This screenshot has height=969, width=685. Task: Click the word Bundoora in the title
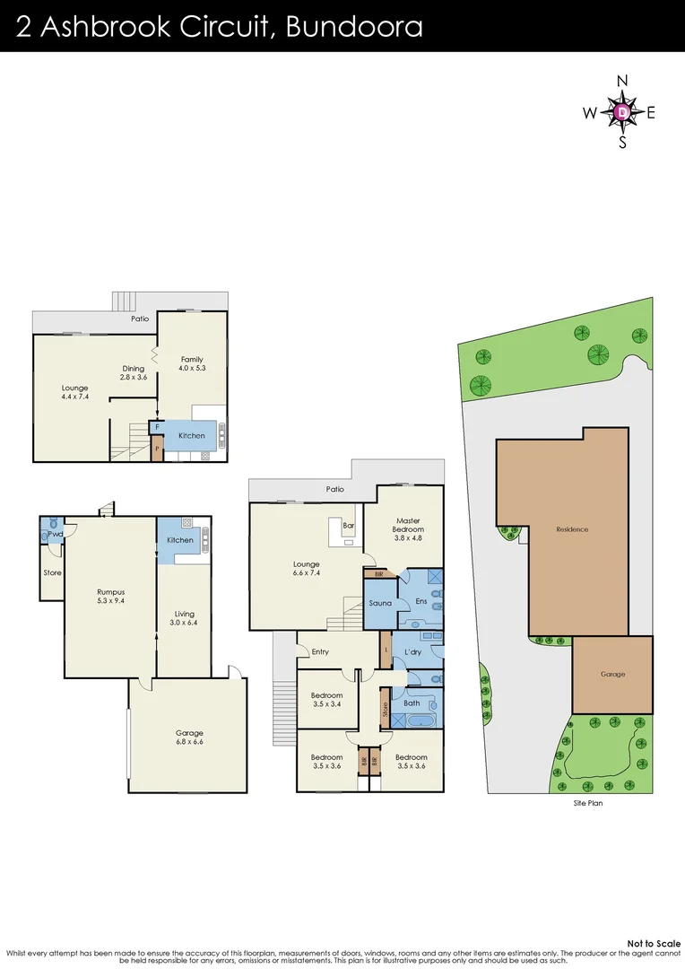point(353,26)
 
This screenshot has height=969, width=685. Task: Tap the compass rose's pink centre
point(622,112)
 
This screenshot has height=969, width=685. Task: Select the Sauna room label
point(379,604)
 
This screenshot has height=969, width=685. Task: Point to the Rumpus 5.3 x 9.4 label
point(110,597)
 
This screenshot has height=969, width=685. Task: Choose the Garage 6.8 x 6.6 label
point(188,738)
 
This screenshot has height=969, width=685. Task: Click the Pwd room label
point(55,534)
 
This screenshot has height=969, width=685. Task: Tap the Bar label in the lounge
point(348,524)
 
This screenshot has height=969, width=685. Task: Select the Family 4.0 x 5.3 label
point(192,364)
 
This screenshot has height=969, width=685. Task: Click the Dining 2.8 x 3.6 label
point(134,373)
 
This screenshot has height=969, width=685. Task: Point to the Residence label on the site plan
point(572,529)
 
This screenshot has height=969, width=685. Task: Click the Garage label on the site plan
point(613,674)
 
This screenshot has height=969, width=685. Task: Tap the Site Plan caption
point(588,803)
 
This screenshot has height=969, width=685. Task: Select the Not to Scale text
point(653,943)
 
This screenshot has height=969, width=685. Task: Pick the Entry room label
point(321,652)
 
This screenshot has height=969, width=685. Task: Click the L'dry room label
point(413,651)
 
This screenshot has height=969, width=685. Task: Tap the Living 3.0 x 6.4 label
point(184,618)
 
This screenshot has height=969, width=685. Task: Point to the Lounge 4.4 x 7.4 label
point(74,393)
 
